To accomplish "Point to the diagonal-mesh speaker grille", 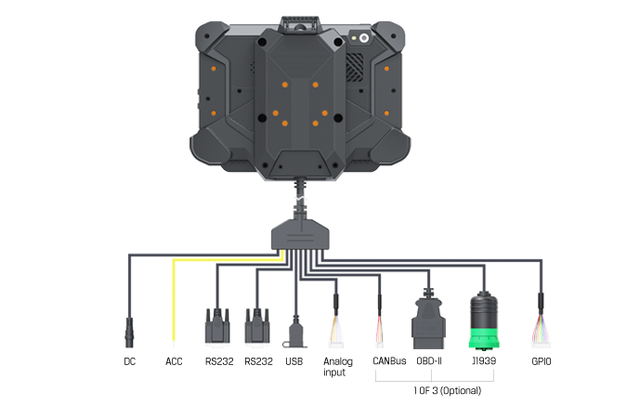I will click(x=354, y=65).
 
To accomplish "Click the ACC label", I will click(x=174, y=361).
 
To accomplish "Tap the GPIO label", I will click(x=541, y=361).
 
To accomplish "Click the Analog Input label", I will click(x=336, y=366).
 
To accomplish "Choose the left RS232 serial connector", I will click(x=216, y=323).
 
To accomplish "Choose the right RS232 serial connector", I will click(x=257, y=323).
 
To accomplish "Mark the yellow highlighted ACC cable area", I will click(x=172, y=307).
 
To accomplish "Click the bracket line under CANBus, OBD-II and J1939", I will click(x=434, y=380).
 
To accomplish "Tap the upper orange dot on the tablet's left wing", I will click(x=214, y=69).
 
